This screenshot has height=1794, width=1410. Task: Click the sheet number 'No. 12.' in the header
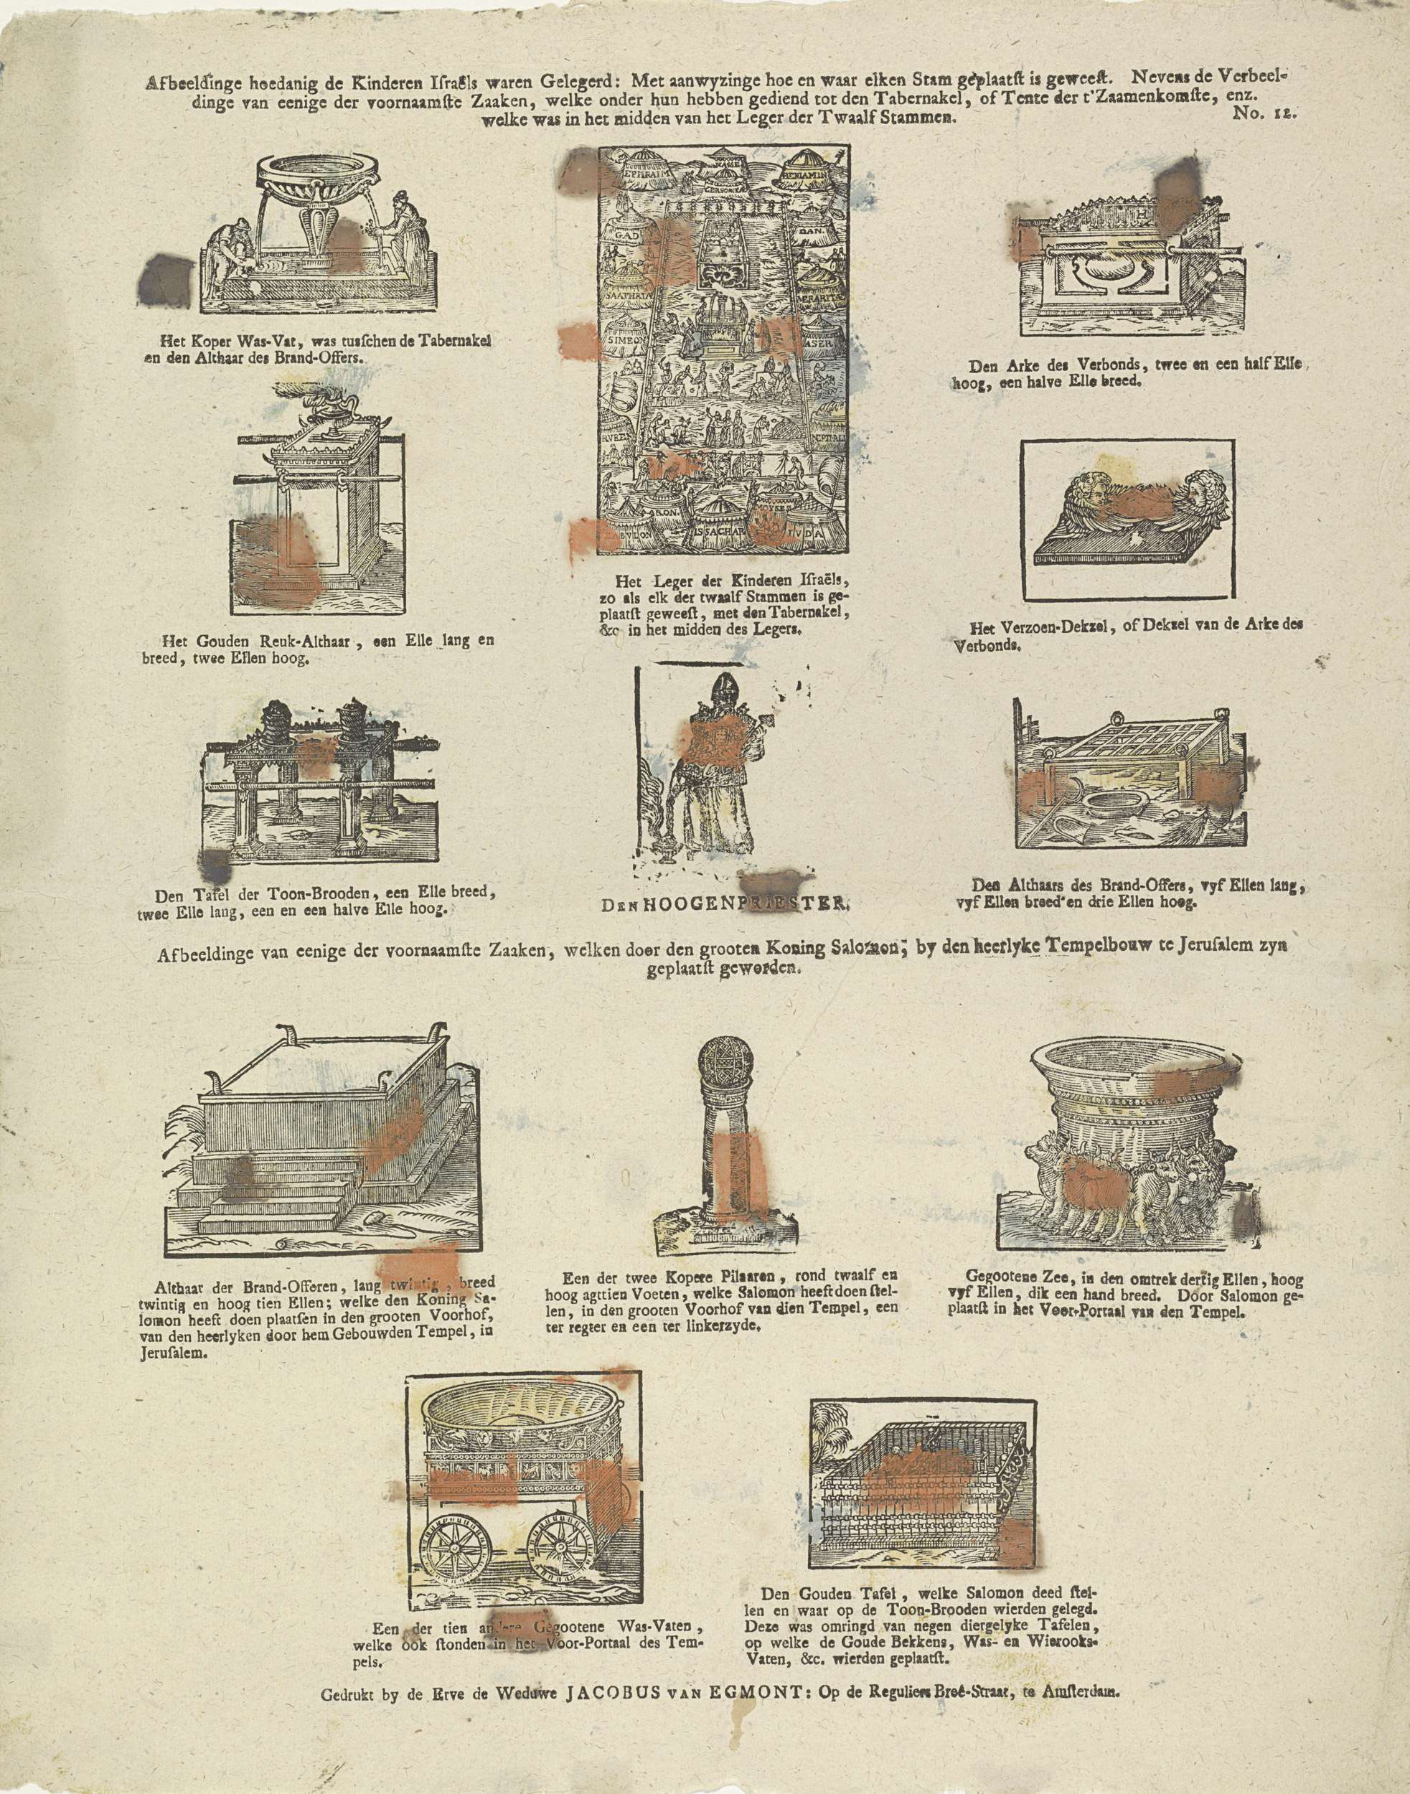pyautogui.click(x=1265, y=116)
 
